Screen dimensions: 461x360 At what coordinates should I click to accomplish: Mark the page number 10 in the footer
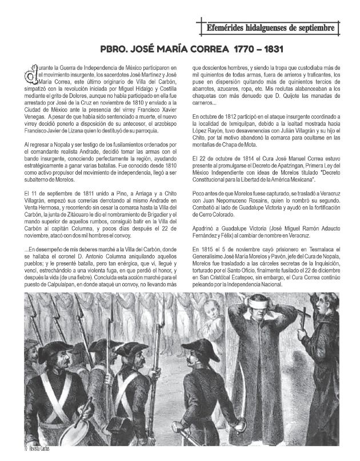click(10, 456)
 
